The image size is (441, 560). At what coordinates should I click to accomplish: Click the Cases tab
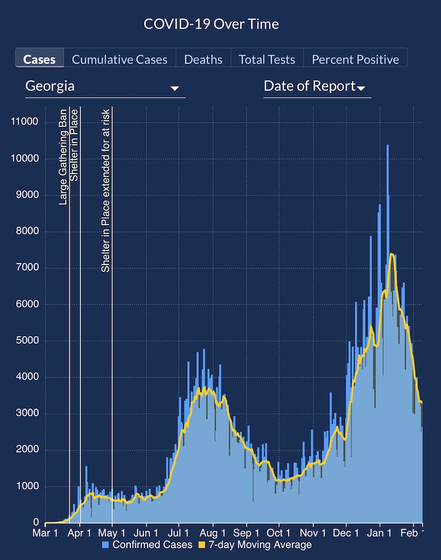(x=40, y=59)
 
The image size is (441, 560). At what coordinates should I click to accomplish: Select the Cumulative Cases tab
(x=120, y=59)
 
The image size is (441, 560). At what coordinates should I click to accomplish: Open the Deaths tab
(x=203, y=59)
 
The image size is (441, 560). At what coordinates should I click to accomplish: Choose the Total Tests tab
(x=267, y=59)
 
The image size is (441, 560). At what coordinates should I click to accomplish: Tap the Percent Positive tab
(x=355, y=59)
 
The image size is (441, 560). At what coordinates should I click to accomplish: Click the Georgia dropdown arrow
(x=175, y=88)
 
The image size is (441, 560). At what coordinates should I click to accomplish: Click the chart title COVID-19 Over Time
(x=211, y=24)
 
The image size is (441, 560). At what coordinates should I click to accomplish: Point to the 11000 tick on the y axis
(x=25, y=122)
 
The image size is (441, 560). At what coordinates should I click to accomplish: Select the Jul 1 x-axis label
(x=178, y=534)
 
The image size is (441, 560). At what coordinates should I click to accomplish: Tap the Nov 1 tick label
(x=313, y=534)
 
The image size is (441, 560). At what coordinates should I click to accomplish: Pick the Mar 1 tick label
(x=45, y=534)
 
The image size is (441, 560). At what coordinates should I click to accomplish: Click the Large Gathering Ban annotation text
(x=63, y=156)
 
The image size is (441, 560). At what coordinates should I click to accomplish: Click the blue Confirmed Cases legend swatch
(x=106, y=545)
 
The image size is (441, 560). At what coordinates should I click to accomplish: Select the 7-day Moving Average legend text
(x=260, y=545)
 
